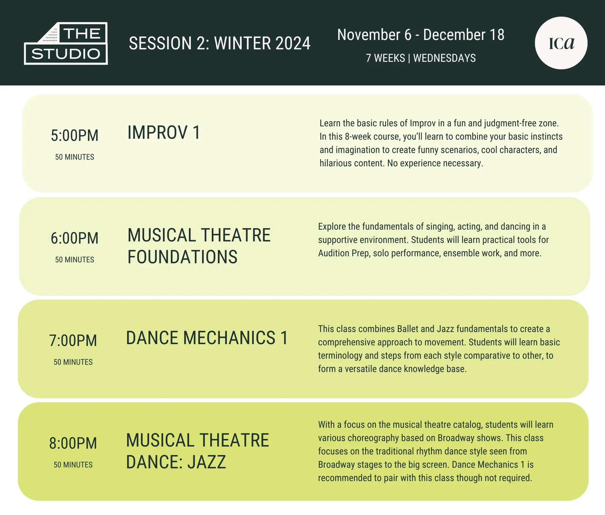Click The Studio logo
coord(66,43)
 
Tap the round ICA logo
coord(561,43)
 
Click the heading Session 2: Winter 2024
coord(220,43)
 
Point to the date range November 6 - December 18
coord(421,35)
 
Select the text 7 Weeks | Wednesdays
coord(421,58)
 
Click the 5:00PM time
coord(75,136)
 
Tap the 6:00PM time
coord(75,238)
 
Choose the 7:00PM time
coord(73,341)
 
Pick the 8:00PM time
coord(73,443)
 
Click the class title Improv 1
coord(164,133)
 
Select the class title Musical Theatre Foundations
coord(199,246)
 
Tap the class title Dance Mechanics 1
coord(207,338)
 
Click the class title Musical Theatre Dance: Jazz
coord(198,451)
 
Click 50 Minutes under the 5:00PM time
coord(75,157)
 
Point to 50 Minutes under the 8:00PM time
coord(73,465)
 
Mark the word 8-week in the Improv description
coord(358,137)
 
